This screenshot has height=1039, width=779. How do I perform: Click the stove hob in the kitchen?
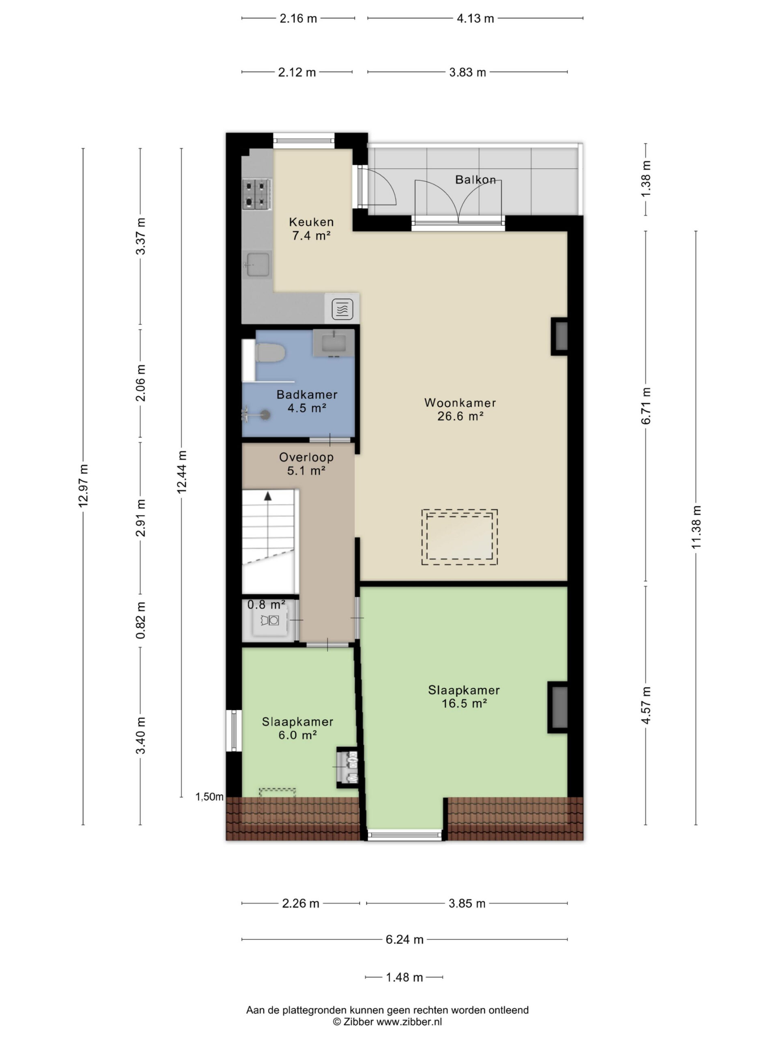[257, 194]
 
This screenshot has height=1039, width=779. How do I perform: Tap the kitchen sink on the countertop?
[257, 265]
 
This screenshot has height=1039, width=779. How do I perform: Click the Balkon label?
[475, 179]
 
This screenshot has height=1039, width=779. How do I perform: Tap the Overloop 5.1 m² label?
[306, 463]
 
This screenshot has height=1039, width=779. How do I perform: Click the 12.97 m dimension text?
[83, 486]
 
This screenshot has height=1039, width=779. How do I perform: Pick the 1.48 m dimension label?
[404, 977]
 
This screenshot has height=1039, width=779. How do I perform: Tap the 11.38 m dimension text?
[696, 526]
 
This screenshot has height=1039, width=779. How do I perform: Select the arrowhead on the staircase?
[268, 496]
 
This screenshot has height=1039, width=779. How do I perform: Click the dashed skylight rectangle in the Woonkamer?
[459, 537]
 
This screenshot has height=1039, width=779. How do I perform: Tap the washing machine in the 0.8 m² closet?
[269, 621]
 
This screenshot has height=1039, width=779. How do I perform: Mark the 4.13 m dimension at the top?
[475, 18]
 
